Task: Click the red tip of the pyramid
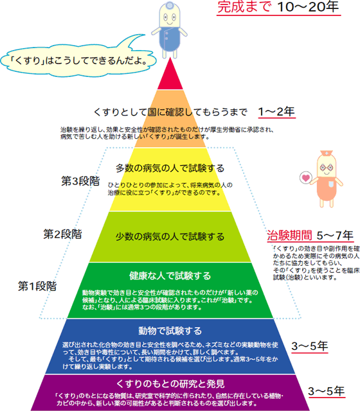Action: coord(170,76)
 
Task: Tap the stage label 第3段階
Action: coord(80,181)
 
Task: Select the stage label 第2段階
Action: coord(63,234)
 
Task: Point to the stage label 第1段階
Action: coord(37,286)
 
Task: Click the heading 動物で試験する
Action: coord(170,331)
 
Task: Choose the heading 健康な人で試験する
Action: coord(170,275)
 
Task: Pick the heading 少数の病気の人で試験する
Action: coord(170,237)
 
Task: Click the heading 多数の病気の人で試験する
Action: coord(170,168)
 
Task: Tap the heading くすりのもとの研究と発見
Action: coord(170,384)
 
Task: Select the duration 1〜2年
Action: coord(276,112)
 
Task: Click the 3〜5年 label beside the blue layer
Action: coord(310,346)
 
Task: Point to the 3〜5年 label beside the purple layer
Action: coord(326,391)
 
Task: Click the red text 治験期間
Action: coord(290,235)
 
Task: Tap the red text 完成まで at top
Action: coord(244,6)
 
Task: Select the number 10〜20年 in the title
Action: coord(308,6)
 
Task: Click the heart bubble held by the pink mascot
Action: coord(306,178)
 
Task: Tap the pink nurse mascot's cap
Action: coord(326,153)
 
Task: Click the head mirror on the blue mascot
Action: coord(170,4)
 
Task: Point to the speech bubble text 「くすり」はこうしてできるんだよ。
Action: coord(78,61)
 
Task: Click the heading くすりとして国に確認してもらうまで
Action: coord(170,112)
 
